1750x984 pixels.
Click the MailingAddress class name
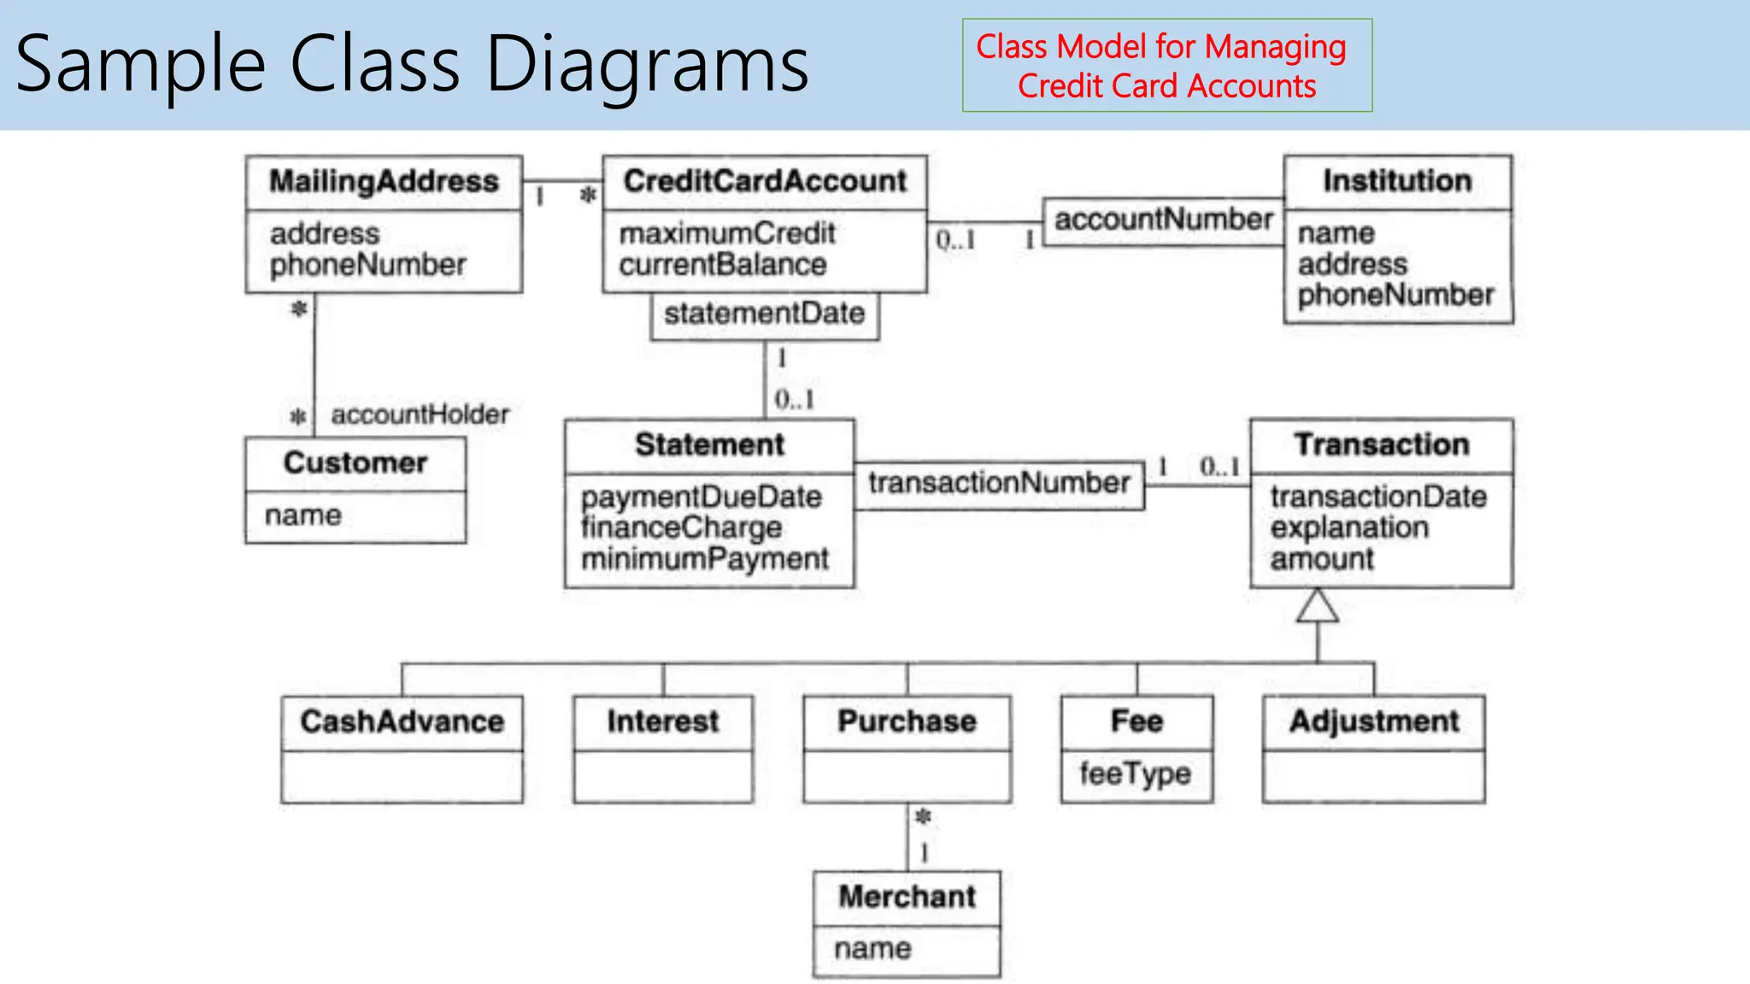tap(384, 182)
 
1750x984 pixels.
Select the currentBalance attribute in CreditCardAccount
tap(723, 265)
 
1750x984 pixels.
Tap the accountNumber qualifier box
tap(1163, 220)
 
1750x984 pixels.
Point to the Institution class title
tap(1397, 181)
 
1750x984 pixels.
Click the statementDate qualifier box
tap(764, 314)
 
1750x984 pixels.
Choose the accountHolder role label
tap(420, 415)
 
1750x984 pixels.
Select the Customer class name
tap(355, 463)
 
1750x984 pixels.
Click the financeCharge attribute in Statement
tap(681, 528)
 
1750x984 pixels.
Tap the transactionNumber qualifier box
tap(999, 483)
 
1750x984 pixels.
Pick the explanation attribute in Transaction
tap(1349, 528)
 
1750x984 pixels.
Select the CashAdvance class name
tap(402, 722)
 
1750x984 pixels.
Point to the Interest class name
tap(663, 722)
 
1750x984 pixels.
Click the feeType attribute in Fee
tap(1135, 774)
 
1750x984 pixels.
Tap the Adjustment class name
tap(1374, 722)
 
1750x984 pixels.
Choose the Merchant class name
tap(907, 897)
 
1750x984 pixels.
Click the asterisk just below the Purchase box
tap(923, 817)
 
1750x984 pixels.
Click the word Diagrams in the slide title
tap(647, 65)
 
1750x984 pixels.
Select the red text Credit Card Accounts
tap(1166, 87)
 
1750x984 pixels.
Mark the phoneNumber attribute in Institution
tap(1395, 296)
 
